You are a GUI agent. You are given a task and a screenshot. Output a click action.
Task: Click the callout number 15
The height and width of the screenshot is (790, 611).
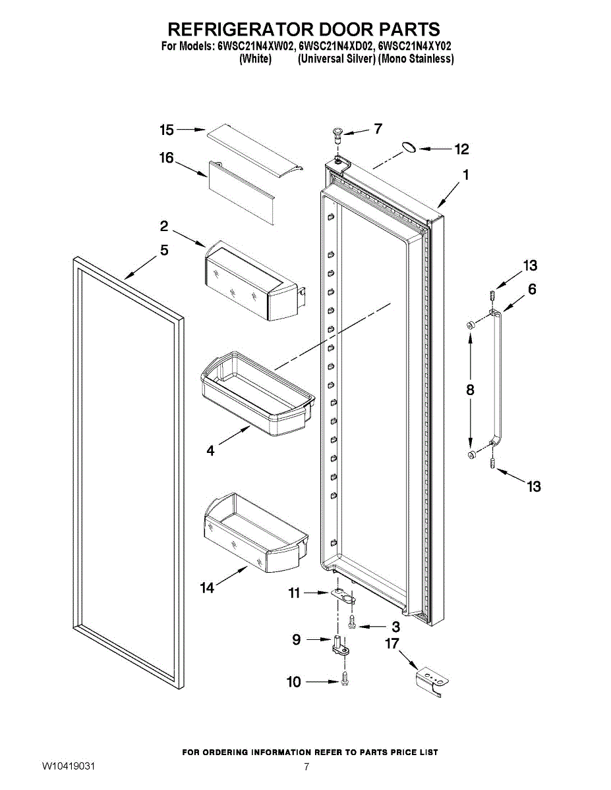click(167, 130)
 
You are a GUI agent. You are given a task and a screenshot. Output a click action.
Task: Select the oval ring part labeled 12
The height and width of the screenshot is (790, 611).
click(409, 147)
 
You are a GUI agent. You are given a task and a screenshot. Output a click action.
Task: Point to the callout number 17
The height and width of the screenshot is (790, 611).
click(393, 643)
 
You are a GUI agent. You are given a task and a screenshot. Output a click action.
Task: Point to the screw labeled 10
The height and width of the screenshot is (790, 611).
click(345, 679)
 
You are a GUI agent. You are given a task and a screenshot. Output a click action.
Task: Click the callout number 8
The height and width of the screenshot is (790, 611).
click(470, 390)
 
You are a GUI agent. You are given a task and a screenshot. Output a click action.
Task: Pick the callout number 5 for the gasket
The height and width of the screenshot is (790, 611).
click(164, 250)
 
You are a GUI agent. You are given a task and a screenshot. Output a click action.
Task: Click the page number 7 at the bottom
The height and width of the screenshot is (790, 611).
click(306, 767)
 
